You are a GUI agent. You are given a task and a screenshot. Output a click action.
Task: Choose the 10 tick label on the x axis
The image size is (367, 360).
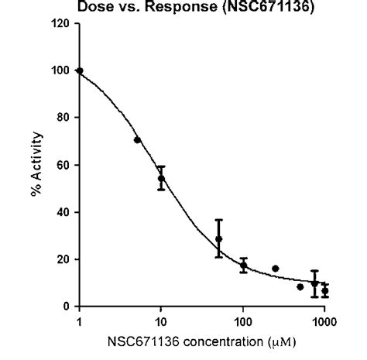click(x=161, y=321)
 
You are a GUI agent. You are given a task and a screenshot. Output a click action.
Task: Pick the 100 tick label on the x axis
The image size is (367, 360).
click(x=243, y=321)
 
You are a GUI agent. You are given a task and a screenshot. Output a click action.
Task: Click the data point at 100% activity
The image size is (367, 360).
click(x=80, y=71)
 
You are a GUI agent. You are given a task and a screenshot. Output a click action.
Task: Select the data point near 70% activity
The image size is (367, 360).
click(x=137, y=140)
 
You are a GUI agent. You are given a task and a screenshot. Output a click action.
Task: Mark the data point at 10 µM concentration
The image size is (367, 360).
click(x=161, y=178)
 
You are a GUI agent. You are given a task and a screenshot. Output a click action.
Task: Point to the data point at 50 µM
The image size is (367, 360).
click(x=219, y=239)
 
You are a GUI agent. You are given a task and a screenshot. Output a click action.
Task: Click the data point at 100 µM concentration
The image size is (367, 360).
click(x=243, y=266)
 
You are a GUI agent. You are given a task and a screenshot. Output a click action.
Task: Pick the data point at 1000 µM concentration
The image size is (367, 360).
click(x=325, y=291)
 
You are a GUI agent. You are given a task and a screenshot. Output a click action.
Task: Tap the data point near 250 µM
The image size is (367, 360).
click(x=276, y=269)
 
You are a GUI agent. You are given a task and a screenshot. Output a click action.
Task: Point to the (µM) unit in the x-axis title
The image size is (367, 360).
click(x=282, y=340)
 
